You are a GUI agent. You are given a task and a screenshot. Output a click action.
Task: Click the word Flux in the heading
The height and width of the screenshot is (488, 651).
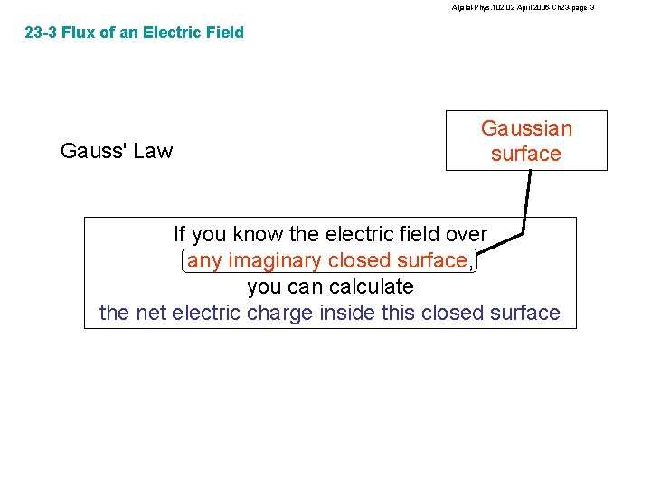click(x=80, y=33)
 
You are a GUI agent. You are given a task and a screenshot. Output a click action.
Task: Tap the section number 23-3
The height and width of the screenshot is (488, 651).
click(x=41, y=33)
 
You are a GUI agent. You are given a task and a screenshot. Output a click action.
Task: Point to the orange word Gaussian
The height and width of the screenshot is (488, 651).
click(x=526, y=128)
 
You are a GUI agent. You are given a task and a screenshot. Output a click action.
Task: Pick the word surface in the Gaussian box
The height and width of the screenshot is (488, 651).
click(x=526, y=154)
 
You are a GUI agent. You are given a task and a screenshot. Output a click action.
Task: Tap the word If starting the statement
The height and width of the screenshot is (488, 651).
click(x=181, y=234)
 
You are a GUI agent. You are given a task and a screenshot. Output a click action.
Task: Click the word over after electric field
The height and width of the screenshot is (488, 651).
click(x=466, y=234)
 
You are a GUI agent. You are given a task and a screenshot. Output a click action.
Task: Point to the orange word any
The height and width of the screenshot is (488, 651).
click(x=204, y=260)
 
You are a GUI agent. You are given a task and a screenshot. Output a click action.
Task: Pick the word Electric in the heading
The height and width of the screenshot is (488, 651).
click(x=166, y=33)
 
